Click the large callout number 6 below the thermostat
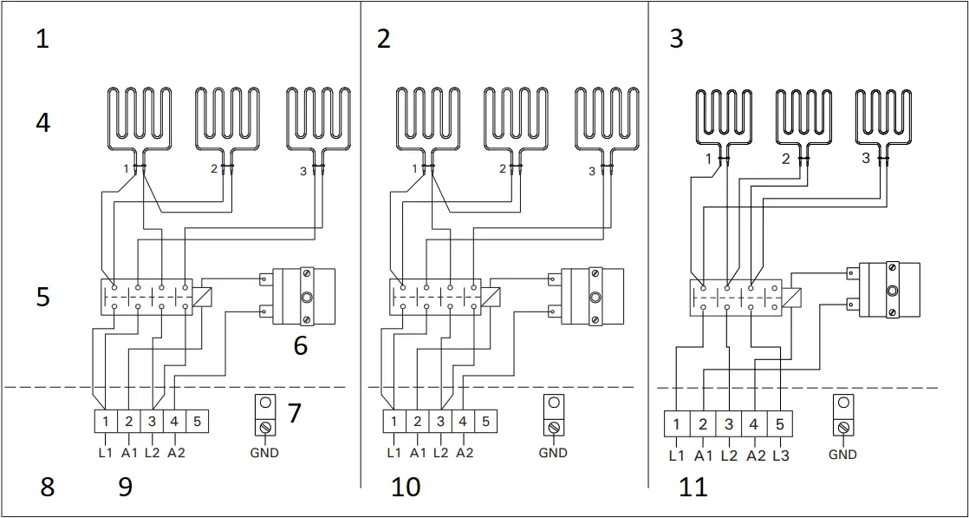300,345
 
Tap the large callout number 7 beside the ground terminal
295,412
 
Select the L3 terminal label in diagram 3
780,454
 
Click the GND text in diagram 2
553,452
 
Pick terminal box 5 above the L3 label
780,424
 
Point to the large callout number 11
693,487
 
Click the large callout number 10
406,487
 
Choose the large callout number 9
126,488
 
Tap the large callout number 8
47,488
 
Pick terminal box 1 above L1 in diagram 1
105,421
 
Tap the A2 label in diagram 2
465,452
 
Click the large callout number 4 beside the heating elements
42,123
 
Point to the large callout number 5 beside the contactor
42,297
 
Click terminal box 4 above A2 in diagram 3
754,424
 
